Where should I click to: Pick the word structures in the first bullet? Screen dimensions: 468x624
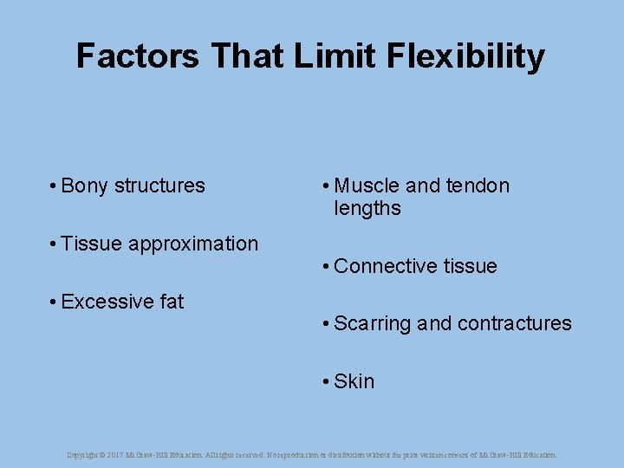(159, 185)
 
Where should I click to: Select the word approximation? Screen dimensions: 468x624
(193, 244)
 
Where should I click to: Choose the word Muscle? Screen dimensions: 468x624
(367, 185)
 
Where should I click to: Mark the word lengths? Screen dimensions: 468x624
(367, 209)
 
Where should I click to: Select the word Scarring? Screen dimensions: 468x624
(372, 324)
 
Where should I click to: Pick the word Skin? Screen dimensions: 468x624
(354, 381)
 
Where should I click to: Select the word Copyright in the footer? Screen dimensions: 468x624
(82, 454)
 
